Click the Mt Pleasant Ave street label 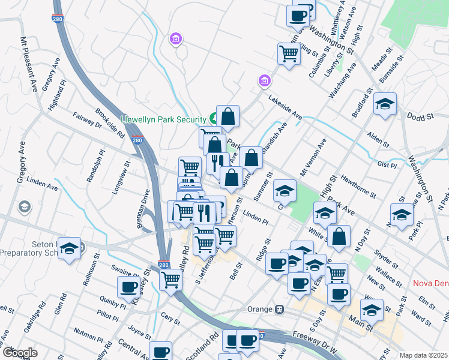point(28,64)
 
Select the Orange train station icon point(279,310)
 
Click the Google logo point(19,353)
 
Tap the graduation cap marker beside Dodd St point(385,104)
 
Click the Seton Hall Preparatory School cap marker point(70,250)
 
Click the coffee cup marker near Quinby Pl point(128,287)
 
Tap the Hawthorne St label point(357,185)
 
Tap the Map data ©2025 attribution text point(423,355)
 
